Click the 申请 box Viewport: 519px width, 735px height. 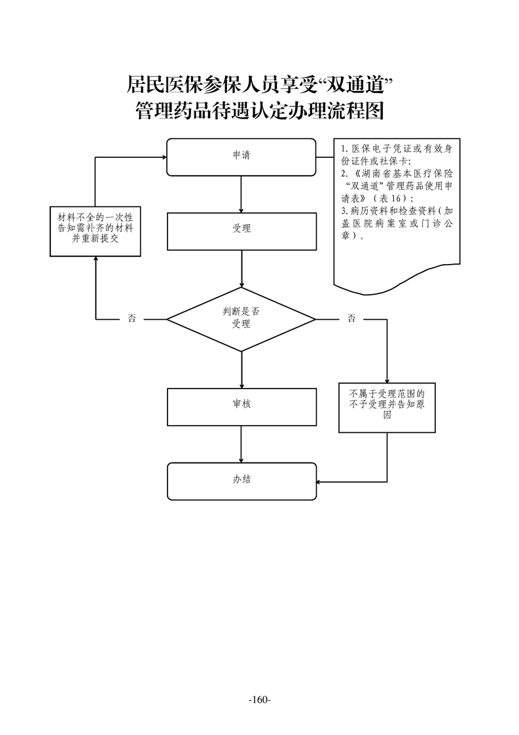pyautogui.click(x=242, y=157)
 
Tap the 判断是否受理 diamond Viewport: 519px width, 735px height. pyautogui.click(x=242, y=319)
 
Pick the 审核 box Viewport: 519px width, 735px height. pyautogui.click(x=242, y=406)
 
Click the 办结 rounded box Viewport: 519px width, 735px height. pyautogui.click(x=242, y=480)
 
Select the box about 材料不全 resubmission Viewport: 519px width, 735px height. pyautogui.click(x=95, y=231)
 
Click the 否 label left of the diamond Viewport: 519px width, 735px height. pyautogui.click(x=132, y=319)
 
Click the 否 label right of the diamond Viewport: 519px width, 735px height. pyautogui.click(x=351, y=319)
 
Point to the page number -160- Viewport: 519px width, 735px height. pyautogui.click(x=260, y=700)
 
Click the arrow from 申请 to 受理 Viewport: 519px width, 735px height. pyautogui.click(x=242, y=194)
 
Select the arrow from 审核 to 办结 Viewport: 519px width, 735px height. pyautogui.click(x=242, y=444)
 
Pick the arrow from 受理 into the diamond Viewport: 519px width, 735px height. pyautogui.click(x=242, y=269)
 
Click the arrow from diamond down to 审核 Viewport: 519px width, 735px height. pyautogui.click(x=242, y=369)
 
